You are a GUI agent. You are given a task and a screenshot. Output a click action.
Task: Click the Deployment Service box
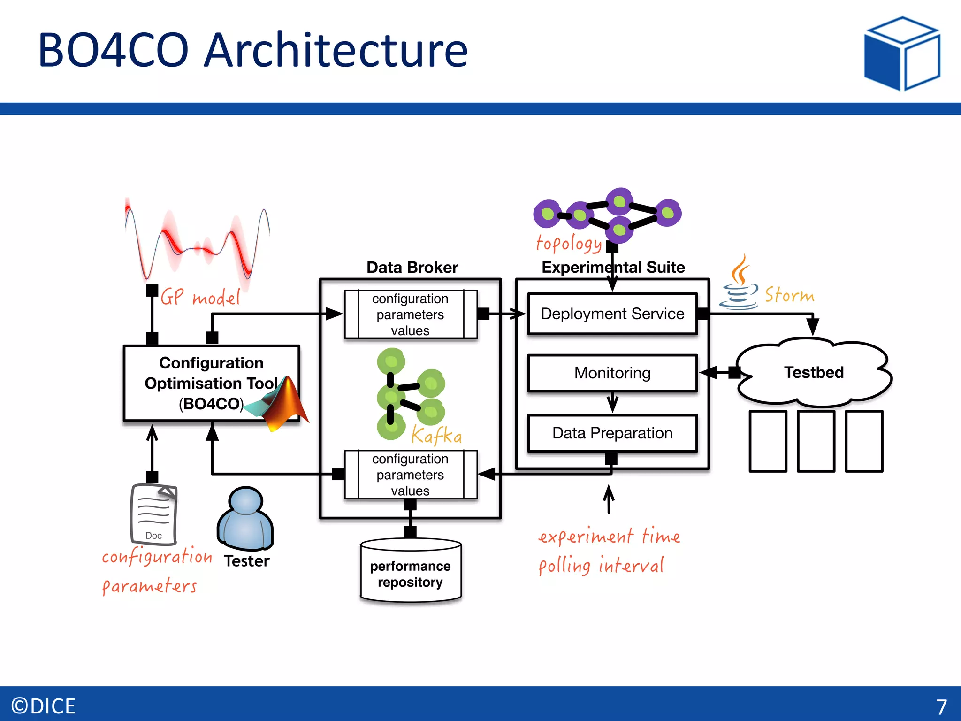[x=612, y=314]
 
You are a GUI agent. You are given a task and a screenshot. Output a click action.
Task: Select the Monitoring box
[x=612, y=373]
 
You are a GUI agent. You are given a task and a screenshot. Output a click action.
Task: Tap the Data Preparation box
[x=612, y=433]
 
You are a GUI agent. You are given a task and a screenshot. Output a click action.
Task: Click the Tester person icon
[x=245, y=519]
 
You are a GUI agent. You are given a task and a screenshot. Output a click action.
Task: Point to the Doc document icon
[x=153, y=514]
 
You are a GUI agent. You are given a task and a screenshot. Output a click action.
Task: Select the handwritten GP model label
[x=200, y=297]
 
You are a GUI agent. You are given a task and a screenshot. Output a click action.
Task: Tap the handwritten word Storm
[x=789, y=295]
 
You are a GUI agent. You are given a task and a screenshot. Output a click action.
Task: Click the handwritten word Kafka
[x=436, y=436]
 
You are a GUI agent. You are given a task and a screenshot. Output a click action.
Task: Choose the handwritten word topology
[x=569, y=244]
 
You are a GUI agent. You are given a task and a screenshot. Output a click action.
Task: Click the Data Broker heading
[x=412, y=267]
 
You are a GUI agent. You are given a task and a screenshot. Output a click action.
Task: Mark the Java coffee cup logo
[x=739, y=284]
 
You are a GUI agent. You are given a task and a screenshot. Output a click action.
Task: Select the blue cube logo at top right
[x=901, y=54]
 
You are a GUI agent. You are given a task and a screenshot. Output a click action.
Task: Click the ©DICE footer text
[x=43, y=706]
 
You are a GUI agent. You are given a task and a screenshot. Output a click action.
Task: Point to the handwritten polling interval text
[x=601, y=566]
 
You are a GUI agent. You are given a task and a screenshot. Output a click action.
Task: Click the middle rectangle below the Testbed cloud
[x=816, y=441]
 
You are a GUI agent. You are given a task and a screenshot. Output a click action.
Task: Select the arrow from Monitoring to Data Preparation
[x=612, y=403]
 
